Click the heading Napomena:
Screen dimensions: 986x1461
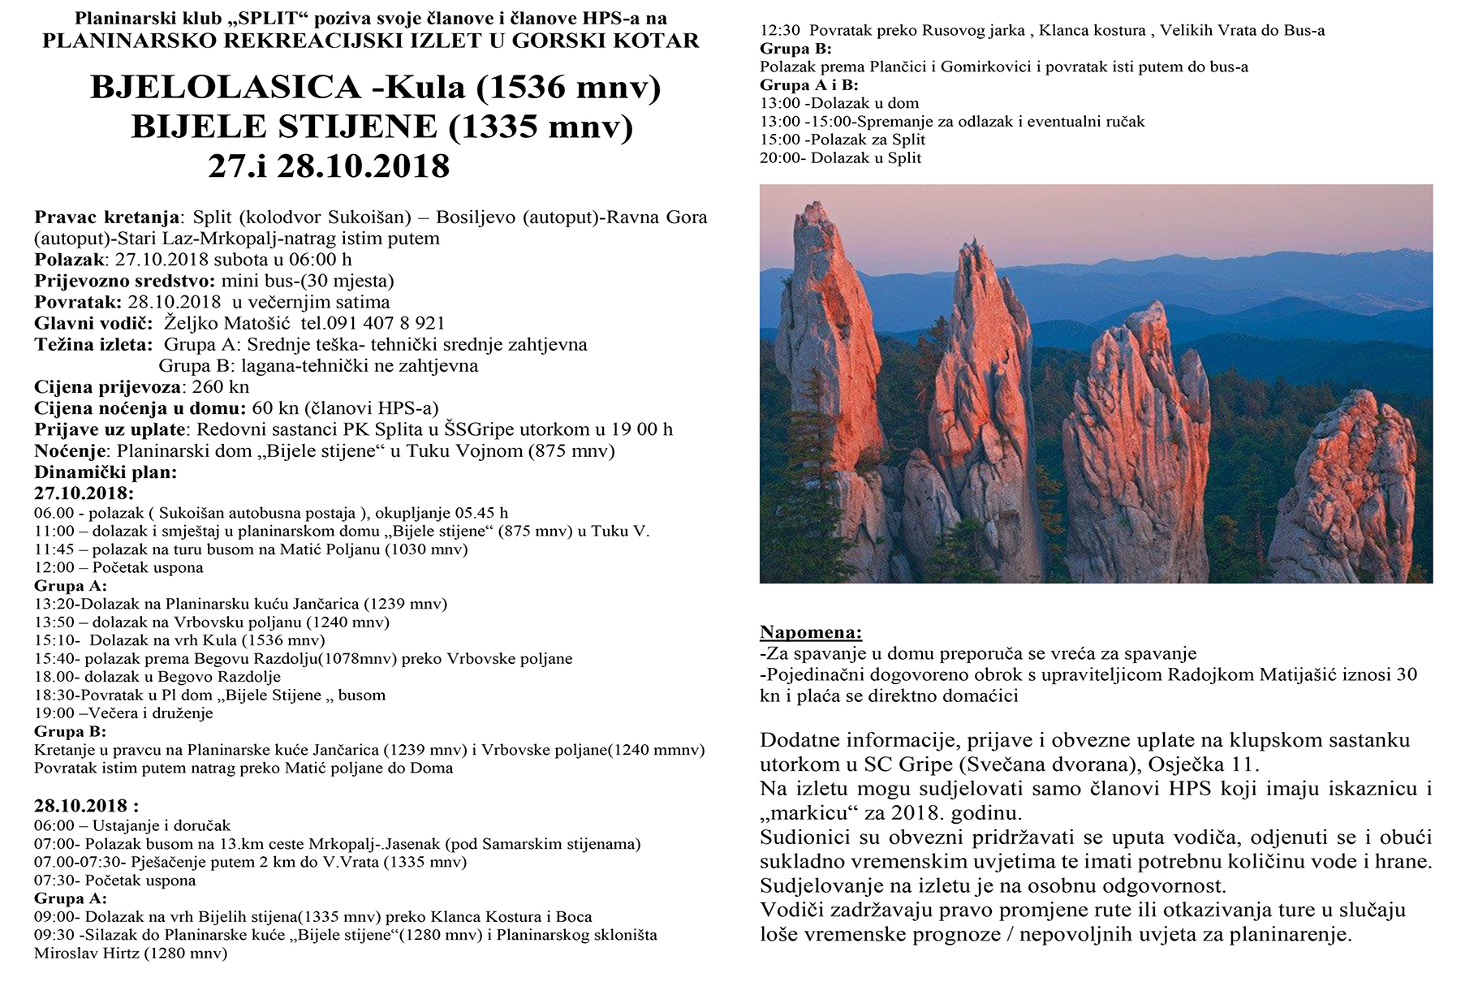coord(810,632)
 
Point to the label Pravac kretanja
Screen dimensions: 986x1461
coord(107,217)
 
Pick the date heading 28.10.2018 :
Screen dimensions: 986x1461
coord(86,806)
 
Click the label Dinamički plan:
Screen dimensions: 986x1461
coord(106,472)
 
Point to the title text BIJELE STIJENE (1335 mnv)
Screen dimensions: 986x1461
coord(381,127)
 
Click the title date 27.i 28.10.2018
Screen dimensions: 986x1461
coord(328,166)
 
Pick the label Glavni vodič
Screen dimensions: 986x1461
coord(93,323)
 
